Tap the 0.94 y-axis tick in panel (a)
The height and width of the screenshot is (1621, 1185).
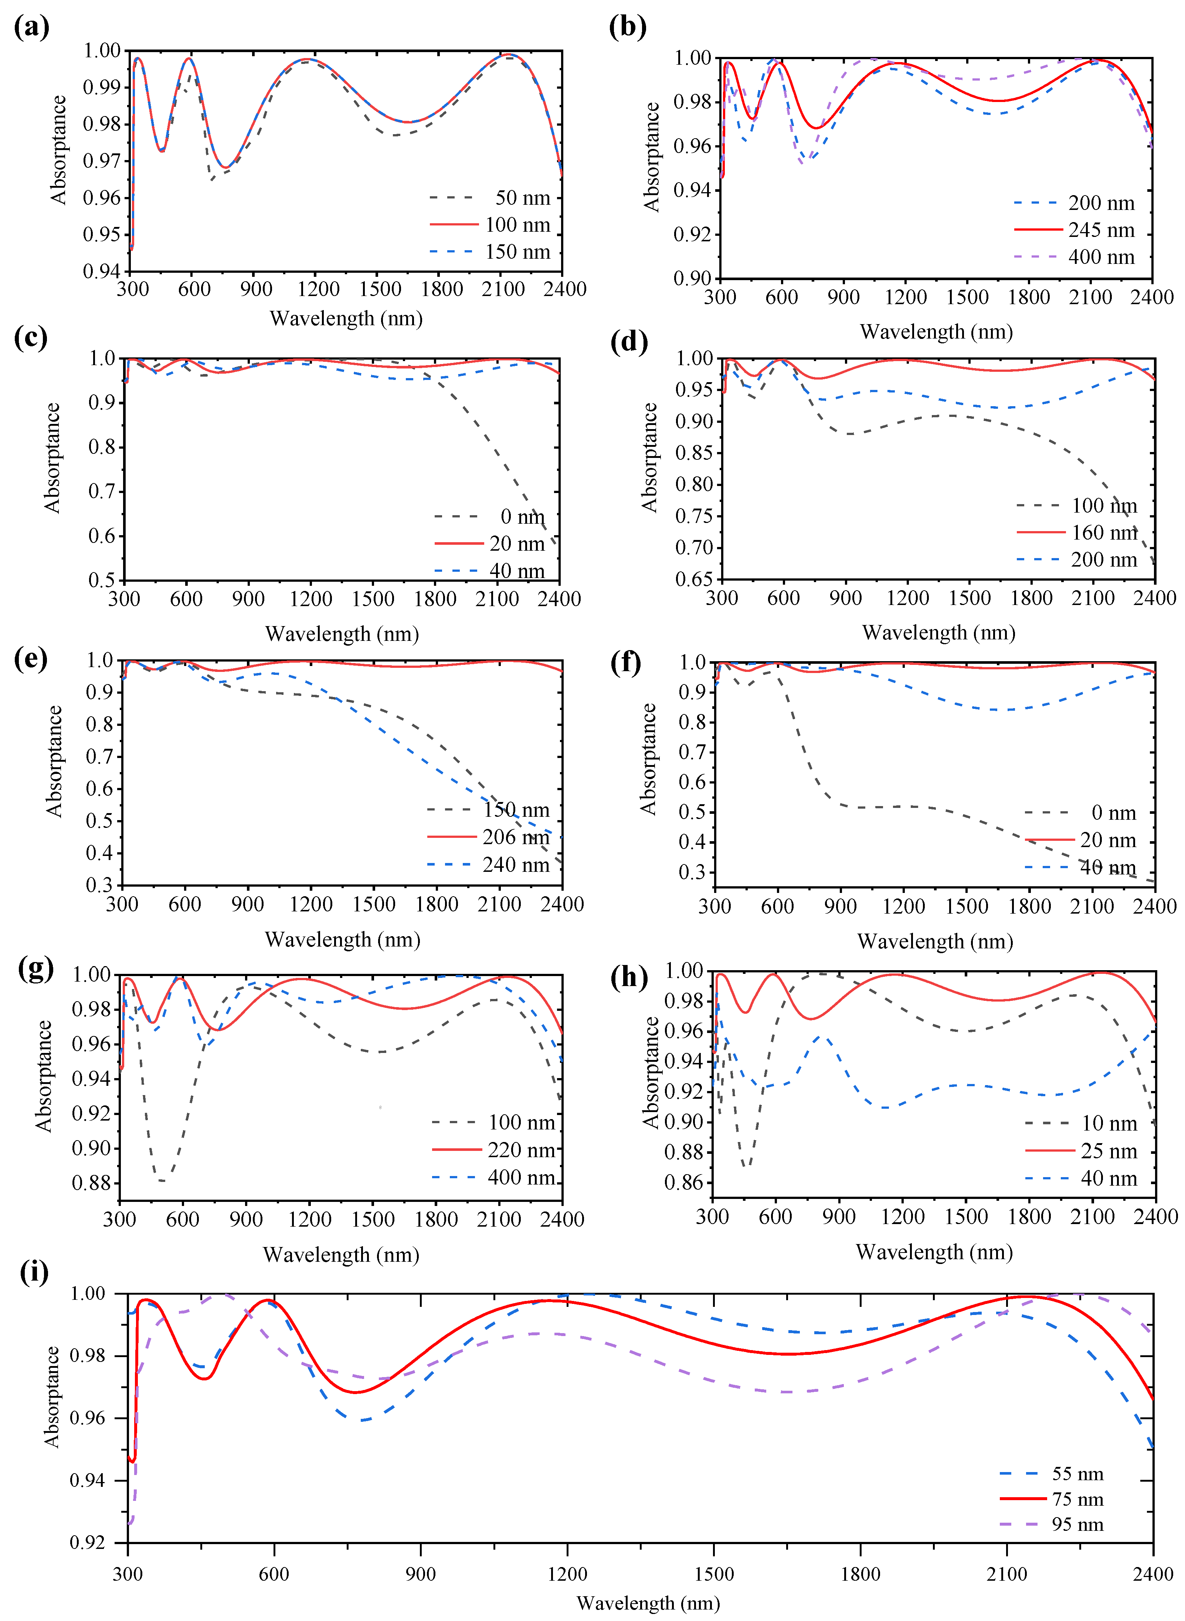click(102, 271)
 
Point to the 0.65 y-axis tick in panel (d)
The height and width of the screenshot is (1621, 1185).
click(695, 580)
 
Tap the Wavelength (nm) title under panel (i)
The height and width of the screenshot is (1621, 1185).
click(648, 1603)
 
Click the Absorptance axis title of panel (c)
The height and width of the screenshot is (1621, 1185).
click(52, 458)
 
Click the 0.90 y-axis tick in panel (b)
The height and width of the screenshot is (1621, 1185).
click(693, 278)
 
